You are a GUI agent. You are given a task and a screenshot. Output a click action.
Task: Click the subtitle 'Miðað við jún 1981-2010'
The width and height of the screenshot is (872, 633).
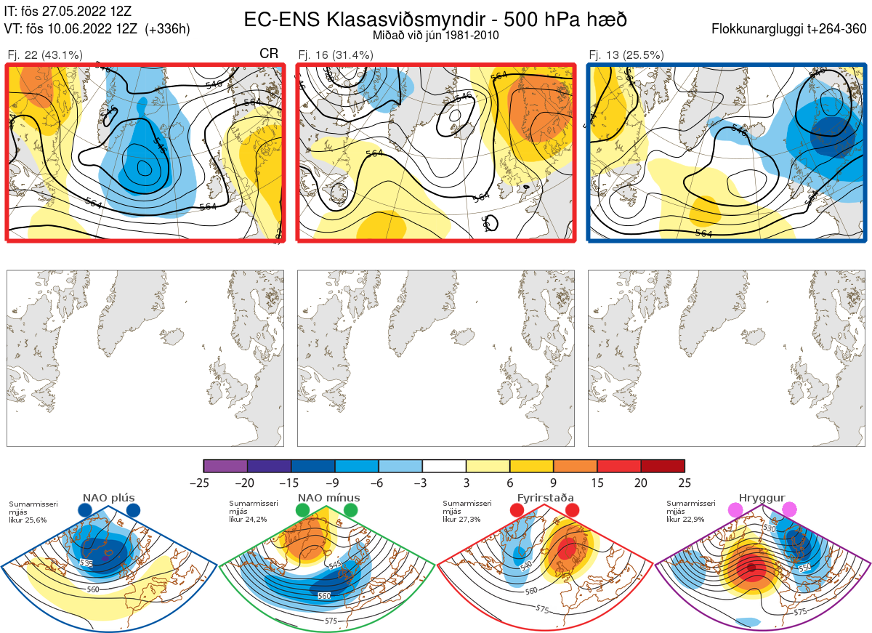(435, 35)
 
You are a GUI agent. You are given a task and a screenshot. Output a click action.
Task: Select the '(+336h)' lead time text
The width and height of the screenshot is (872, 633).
(167, 29)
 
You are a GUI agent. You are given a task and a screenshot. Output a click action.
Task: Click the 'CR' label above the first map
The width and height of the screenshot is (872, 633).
(269, 54)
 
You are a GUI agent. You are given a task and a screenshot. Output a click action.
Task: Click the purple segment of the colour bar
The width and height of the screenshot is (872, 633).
(226, 466)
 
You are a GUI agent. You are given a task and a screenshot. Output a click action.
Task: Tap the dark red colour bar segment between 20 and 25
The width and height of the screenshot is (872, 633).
(663, 466)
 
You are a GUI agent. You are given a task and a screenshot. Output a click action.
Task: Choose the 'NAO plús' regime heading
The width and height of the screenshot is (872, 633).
(108, 498)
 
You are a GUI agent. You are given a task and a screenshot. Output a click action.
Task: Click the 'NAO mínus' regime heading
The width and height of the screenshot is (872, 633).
(328, 498)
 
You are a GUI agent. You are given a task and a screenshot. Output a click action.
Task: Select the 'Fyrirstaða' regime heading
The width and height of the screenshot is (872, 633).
(544, 498)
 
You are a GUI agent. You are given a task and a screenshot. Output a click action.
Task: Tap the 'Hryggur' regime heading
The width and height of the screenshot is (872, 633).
(762, 498)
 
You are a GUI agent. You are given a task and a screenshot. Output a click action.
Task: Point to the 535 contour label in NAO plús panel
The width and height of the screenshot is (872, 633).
(87, 563)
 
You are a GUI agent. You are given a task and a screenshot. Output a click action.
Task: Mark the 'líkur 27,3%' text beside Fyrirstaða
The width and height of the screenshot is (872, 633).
(461, 520)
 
